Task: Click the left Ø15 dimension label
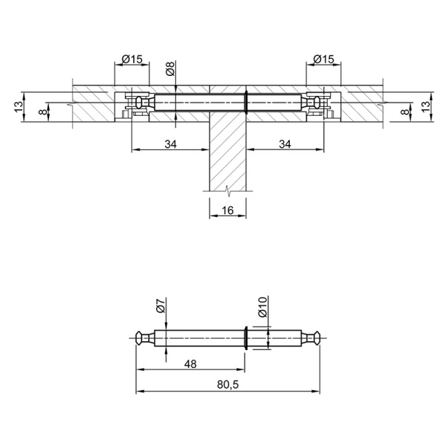coord(132,59)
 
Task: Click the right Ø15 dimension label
coord(323,59)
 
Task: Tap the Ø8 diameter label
coord(170,69)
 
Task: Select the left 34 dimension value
coord(171,144)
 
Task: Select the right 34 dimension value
coord(285,144)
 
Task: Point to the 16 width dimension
coord(227,210)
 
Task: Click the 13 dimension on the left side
coord(19,106)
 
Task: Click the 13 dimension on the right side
coord(426,106)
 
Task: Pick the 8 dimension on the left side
coord(43,111)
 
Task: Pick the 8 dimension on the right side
coord(404,111)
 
